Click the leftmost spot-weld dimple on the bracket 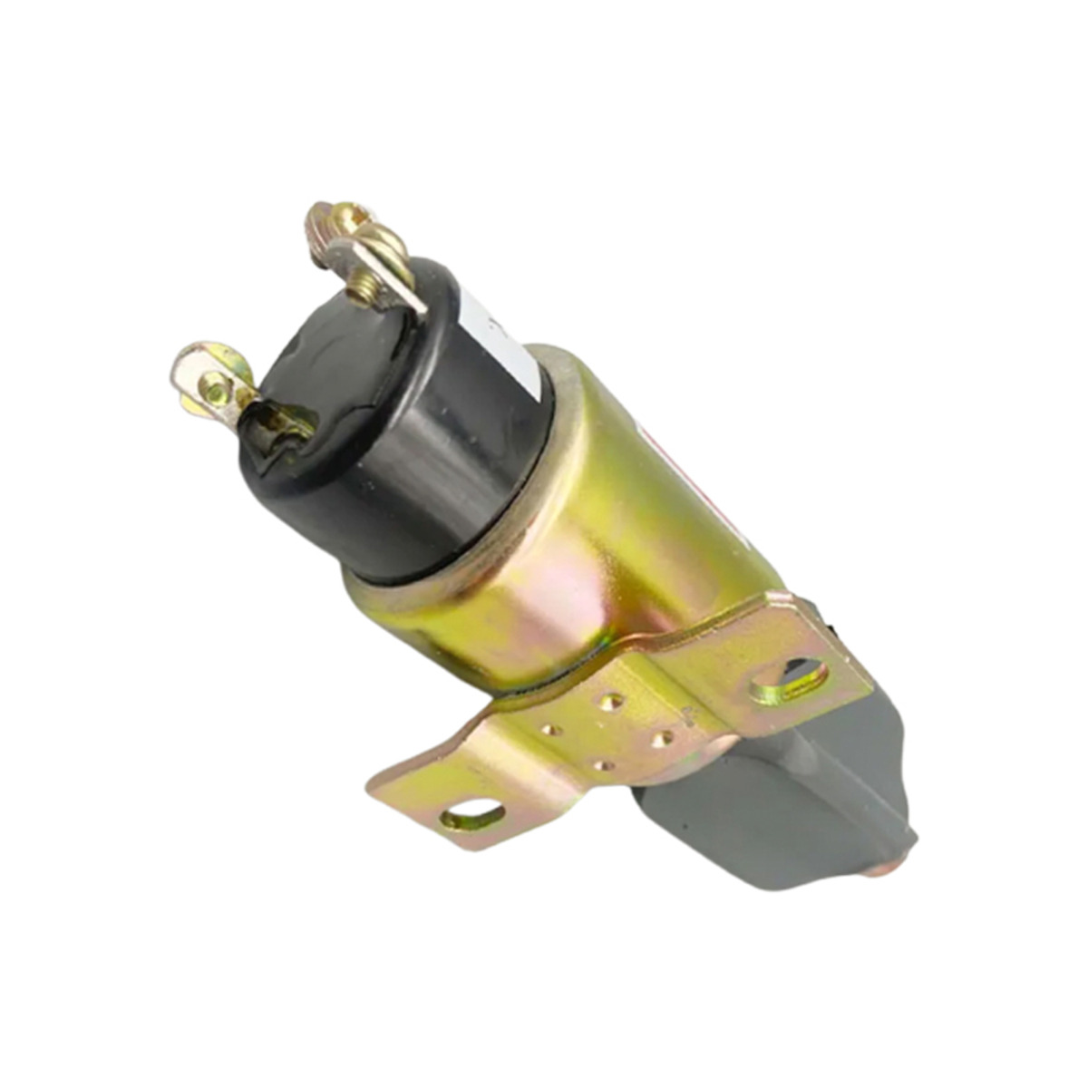coord(550,729)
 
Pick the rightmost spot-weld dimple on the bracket coord(661,739)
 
